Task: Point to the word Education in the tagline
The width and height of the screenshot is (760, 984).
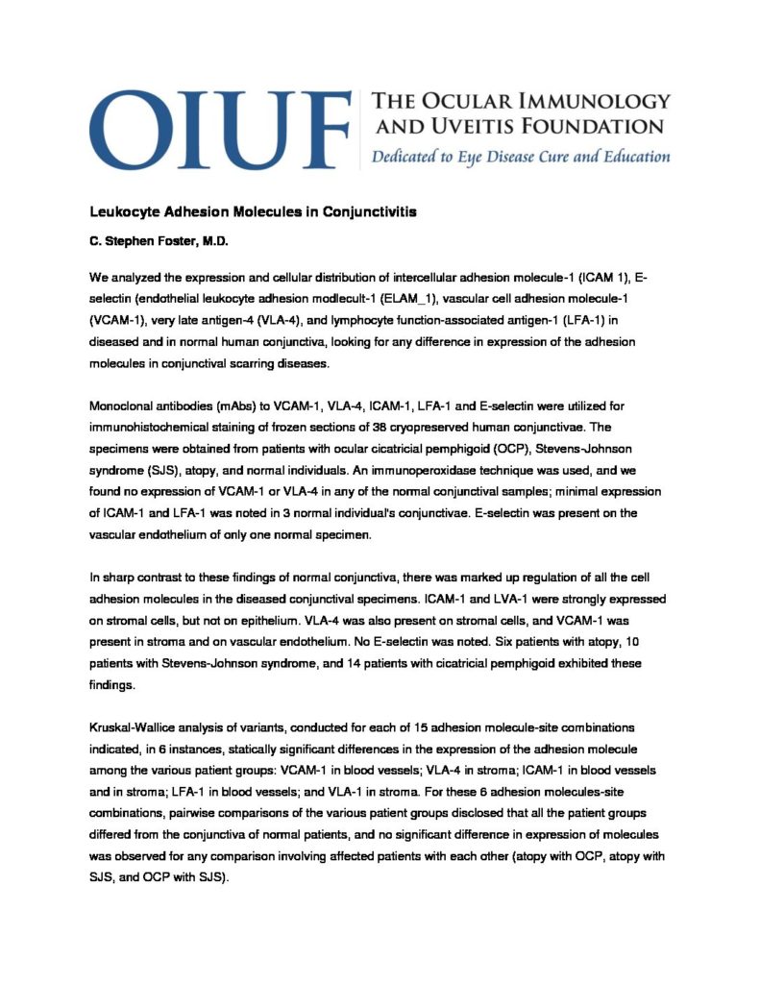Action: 625,157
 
